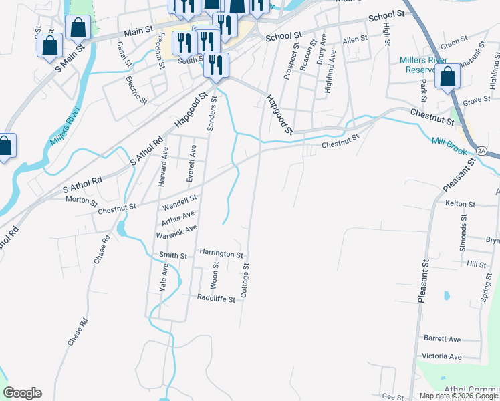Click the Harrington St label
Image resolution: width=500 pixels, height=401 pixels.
pos(221,254)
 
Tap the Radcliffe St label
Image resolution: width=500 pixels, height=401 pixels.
pos(216,299)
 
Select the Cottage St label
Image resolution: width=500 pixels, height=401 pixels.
pos(245,280)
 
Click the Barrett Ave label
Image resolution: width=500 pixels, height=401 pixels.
pos(442,340)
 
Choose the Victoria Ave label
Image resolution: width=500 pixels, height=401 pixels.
pos(441,357)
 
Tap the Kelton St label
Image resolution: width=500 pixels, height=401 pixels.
pos(459,203)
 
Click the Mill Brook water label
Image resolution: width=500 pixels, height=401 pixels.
pos(448,142)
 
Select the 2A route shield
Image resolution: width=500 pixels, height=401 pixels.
pos(483,151)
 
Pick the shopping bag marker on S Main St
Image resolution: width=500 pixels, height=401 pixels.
pos(49,46)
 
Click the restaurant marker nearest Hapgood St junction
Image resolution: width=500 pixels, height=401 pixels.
pos(215,65)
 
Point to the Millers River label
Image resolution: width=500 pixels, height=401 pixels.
pos(64,126)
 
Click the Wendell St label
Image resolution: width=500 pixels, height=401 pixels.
pos(180,199)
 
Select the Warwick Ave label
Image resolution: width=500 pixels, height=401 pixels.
pos(176,229)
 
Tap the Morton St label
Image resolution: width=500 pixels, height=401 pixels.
pos(81,199)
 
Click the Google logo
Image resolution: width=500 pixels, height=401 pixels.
pos(22,393)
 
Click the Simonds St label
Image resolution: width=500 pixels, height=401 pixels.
pos(463,229)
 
